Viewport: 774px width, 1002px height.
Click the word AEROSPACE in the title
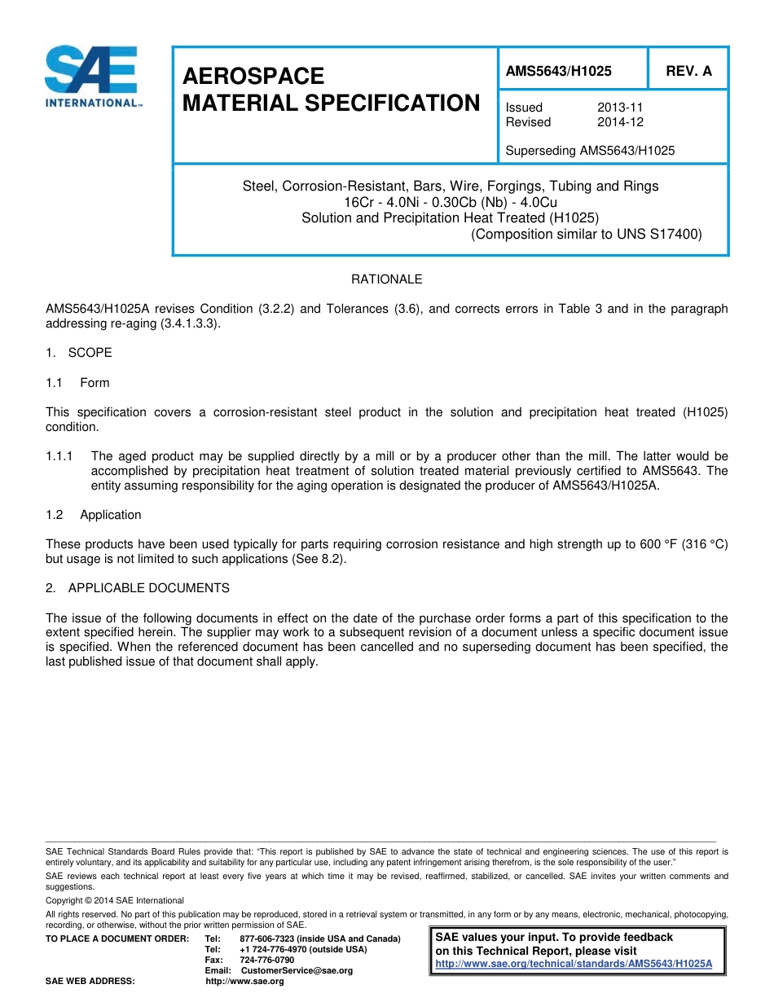click(x=253, y=76)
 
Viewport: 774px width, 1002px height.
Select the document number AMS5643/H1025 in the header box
click(x=558, y=71)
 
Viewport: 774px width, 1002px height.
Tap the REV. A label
click(x=688, y=71)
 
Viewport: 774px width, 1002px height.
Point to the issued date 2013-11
click(x=620, y=108)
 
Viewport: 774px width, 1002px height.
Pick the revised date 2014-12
click(x=620, y=122)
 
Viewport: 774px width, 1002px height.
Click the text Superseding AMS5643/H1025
click(x=590, y=151)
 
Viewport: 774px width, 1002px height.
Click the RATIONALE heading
click(x=386, y=279)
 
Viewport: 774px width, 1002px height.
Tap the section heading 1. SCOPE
click(x=79, y=353)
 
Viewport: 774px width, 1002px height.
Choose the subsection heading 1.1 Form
click(x=78, y=383)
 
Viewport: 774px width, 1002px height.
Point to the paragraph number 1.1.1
click(x=60, y=456)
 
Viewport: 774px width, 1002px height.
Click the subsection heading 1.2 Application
click(x=94, y=515)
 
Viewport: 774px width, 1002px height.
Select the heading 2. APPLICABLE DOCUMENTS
click(x=138, y=588)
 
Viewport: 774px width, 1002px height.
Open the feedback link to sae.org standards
click(x=574, y=964)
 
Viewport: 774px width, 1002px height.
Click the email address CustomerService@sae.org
click(x=297, y=970)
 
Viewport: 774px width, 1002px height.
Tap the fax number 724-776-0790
click(x=267, y=960)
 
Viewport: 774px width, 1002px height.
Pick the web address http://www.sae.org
click(x=244, y=981)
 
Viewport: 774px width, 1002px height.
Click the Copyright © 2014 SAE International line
click(x=115, y=901)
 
